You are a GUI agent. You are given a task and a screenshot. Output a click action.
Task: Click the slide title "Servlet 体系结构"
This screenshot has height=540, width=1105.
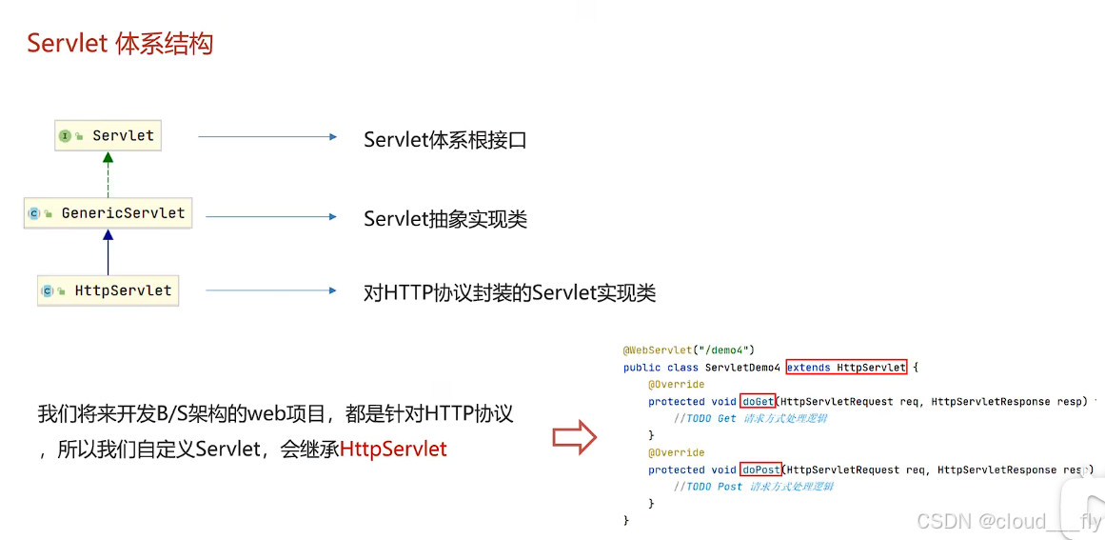(120, 44)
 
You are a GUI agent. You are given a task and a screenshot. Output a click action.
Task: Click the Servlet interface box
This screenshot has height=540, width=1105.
(109, 136)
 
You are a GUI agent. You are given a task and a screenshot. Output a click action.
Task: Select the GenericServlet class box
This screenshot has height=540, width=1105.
(109, 213)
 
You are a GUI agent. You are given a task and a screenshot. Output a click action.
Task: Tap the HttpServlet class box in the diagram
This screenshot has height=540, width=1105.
(109, 290)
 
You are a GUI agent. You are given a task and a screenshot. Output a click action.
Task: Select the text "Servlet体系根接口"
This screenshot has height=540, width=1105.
(444, 140)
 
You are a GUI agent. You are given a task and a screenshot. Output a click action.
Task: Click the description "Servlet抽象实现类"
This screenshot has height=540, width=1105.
(444, 219)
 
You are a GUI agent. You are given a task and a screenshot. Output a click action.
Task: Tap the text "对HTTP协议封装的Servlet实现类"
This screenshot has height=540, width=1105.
(509, 292)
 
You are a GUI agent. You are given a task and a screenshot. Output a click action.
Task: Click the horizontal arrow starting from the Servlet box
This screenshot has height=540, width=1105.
(267, 137)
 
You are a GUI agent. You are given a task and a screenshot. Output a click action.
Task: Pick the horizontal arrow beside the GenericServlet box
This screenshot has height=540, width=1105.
(271, 217)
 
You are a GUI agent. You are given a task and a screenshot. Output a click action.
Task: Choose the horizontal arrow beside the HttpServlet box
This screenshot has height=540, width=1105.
(271, 290)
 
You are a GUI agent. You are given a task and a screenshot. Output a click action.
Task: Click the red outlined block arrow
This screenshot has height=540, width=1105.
(574, 438)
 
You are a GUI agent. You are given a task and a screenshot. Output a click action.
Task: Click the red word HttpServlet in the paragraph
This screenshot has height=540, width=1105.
(393, 449)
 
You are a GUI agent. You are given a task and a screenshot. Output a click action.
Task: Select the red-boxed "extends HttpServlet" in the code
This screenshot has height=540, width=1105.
(846, 368)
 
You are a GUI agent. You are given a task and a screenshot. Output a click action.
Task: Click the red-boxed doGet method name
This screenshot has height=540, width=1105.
(758, 401)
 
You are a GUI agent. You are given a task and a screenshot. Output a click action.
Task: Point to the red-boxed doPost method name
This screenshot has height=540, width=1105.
(760, 470)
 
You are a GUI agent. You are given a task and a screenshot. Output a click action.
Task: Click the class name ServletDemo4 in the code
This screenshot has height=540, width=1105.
(742, 368)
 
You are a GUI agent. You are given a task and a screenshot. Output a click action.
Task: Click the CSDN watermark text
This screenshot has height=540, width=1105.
(1008, 521)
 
